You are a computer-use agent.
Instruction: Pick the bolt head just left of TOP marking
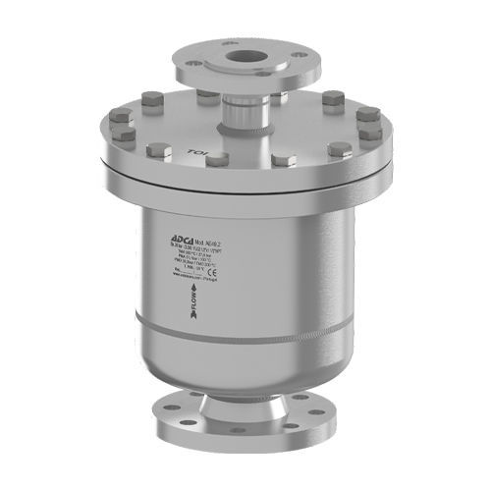pos(156,150)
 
